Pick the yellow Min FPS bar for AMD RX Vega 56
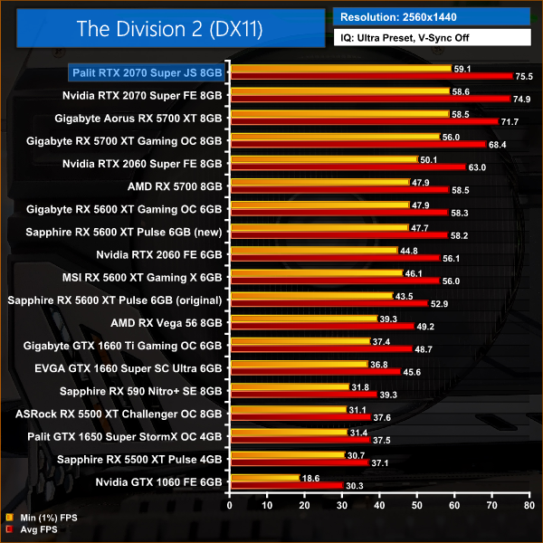(x=303, y=319)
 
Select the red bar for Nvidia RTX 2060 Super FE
(x=348, y=167)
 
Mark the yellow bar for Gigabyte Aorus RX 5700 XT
(x=340, y=114)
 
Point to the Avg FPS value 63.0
(x=478, y=167)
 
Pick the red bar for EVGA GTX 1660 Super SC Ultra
(x=316, y=372)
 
